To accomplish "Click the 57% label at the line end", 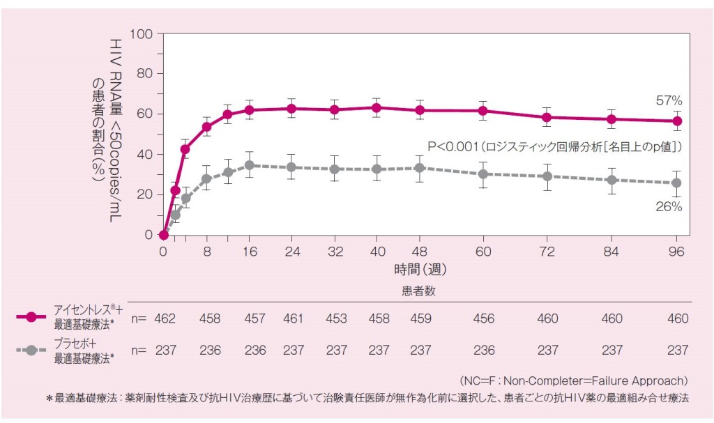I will coord(669,102).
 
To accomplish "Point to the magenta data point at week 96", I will coord(676,121).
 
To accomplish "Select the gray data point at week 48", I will coord(419,168).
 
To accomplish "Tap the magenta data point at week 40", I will coord(377,108).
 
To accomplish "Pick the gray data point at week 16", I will coord(249,165).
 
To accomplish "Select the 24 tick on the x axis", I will coord(291,250).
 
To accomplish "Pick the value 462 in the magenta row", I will coord(166,318).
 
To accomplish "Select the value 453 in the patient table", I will coord(336,318).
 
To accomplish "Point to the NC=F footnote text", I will coord(574,380).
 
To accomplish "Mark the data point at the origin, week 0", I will coord(164,235).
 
